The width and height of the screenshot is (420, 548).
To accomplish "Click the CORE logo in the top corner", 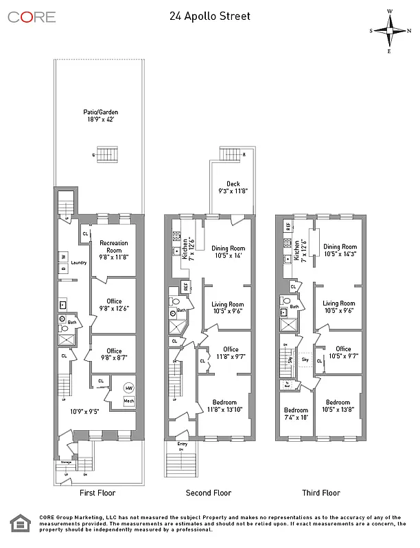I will (x=32, y=17).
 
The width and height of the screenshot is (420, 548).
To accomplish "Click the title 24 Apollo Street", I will (x=209, y=16).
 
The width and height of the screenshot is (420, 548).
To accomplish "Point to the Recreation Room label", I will (x=114, y=247).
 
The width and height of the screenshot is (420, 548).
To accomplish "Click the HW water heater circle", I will (x=128, y=388).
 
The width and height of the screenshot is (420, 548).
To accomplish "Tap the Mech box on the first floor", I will (x=128, y=401).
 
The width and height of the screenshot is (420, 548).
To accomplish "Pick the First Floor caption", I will (x=97, y=493).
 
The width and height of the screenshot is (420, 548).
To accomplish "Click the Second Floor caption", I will (x=209, y=493).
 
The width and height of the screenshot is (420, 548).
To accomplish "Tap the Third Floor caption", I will (x=320, y=493).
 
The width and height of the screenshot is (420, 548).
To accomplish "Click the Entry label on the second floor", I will (x=182, y=445).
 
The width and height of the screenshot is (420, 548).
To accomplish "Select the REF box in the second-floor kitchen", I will (x=185, y=286).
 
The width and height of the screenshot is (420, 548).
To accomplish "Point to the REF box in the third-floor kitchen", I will (x=288, y=226).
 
